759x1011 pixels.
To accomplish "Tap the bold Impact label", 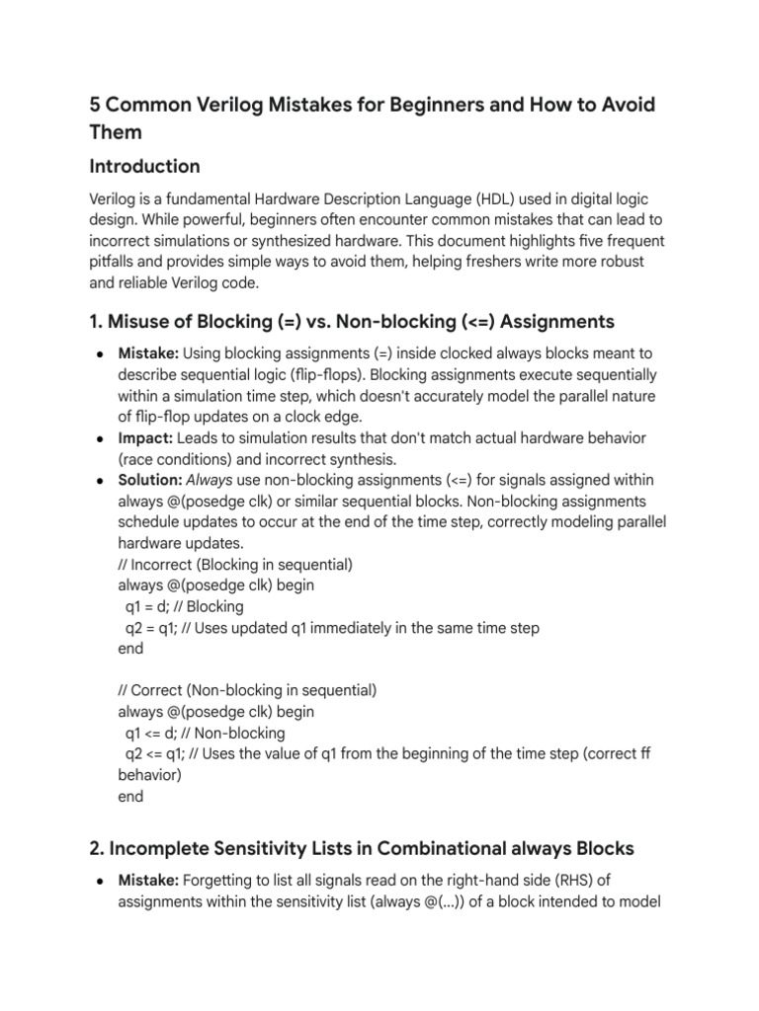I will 143,436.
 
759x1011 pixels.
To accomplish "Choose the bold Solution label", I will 149,480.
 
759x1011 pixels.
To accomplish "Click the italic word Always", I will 211,480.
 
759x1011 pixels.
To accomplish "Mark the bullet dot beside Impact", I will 102,437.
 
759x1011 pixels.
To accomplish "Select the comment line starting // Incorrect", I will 235,565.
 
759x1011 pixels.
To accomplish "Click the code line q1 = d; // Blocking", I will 184,606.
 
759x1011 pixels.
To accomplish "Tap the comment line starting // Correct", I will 247,690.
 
